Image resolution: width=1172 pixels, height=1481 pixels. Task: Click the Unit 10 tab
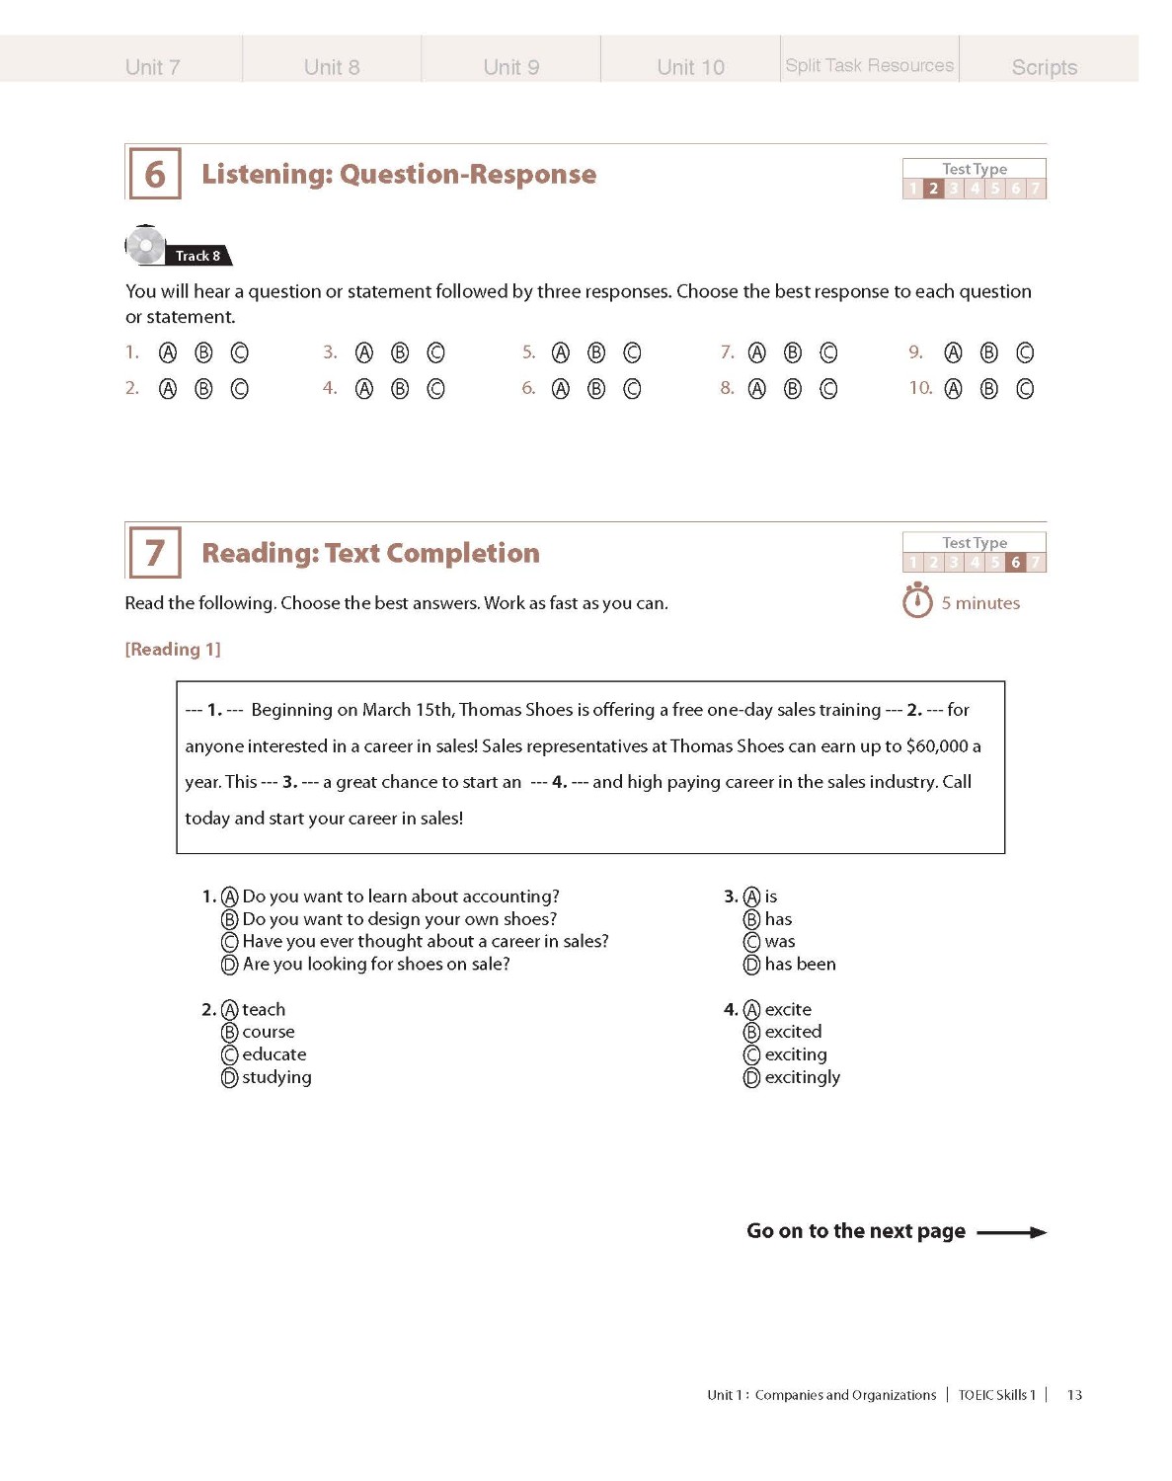coord(690,67)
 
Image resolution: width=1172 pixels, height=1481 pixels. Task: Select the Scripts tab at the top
coord(1044,67)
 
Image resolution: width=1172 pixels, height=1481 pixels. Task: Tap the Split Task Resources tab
coord(869,65)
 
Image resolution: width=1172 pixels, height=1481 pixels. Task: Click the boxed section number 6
coord(155,175)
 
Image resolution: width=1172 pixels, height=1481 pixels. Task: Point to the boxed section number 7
coord(155,553)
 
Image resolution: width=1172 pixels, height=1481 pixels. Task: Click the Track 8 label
coord(197,256)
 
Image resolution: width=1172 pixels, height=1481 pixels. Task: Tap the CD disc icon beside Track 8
coord(145,246)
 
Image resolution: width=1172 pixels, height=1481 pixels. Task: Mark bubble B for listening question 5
coord(596,353)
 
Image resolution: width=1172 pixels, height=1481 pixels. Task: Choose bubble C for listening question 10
coord(1025,389)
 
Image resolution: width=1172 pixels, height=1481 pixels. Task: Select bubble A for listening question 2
coord(168,389)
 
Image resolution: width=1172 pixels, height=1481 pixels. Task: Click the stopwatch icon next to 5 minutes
coord(917,601)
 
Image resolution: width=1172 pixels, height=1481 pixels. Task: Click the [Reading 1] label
coord(173,649)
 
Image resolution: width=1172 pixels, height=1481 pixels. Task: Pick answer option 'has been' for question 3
coord(799,965)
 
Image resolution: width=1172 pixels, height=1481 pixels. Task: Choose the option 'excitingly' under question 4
coord(801,1077)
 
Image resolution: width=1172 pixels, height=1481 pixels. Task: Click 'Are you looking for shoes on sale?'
coord(375,965)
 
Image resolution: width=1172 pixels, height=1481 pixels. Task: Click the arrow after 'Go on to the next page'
coord(1011,1232)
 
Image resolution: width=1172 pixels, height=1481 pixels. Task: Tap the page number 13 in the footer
coord(1074,1395)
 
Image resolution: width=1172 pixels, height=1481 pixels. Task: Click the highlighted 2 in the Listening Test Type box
coord(933,189)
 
